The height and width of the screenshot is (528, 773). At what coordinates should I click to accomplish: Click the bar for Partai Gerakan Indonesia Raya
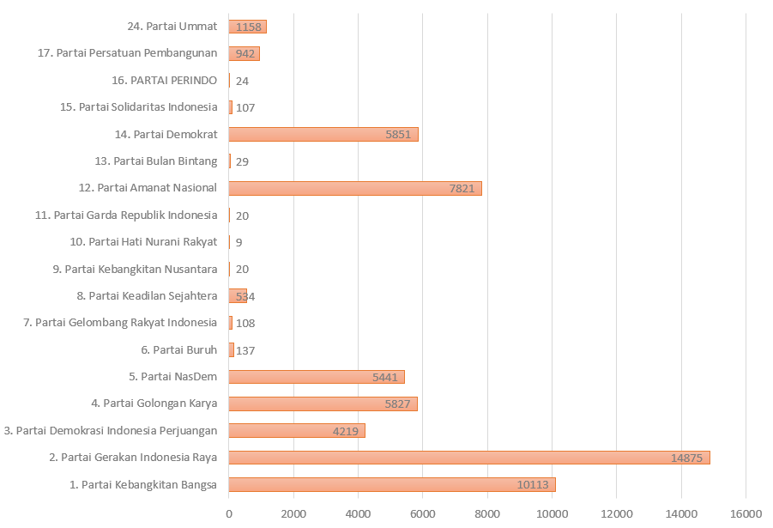(x=469, y=458)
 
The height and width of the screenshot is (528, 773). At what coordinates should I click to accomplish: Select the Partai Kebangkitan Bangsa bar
(x=392, y=485)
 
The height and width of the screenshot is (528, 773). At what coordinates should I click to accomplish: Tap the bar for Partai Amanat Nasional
(x=355, y=188)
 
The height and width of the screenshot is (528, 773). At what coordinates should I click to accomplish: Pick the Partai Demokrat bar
(x=323, y=134)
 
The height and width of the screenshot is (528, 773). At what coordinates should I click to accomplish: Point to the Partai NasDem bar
(x=317, y=377)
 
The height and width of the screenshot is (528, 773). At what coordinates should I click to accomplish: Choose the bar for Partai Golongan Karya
(x=323, y=404)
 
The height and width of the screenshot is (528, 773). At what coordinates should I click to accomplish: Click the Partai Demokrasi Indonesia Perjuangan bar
(x=297, y=431)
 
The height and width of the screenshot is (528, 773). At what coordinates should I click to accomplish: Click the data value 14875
(x=686, y=458)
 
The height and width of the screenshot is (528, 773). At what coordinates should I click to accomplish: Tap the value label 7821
(x=464, y=189)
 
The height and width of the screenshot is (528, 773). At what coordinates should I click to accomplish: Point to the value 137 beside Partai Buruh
(x=246, y=350)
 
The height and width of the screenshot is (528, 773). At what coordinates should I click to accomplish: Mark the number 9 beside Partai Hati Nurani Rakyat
(x=239, y=242)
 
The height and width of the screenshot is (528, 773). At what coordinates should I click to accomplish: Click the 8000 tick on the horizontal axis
(x=487, y=514)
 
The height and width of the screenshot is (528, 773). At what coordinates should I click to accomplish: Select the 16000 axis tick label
(x=745, y=514)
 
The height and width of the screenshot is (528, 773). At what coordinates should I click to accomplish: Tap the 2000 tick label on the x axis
(x=293, y=514)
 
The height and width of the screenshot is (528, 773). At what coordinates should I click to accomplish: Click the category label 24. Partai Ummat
(x=169, y=27)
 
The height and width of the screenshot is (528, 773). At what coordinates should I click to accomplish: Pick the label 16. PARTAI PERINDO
(x=165, y=81)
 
